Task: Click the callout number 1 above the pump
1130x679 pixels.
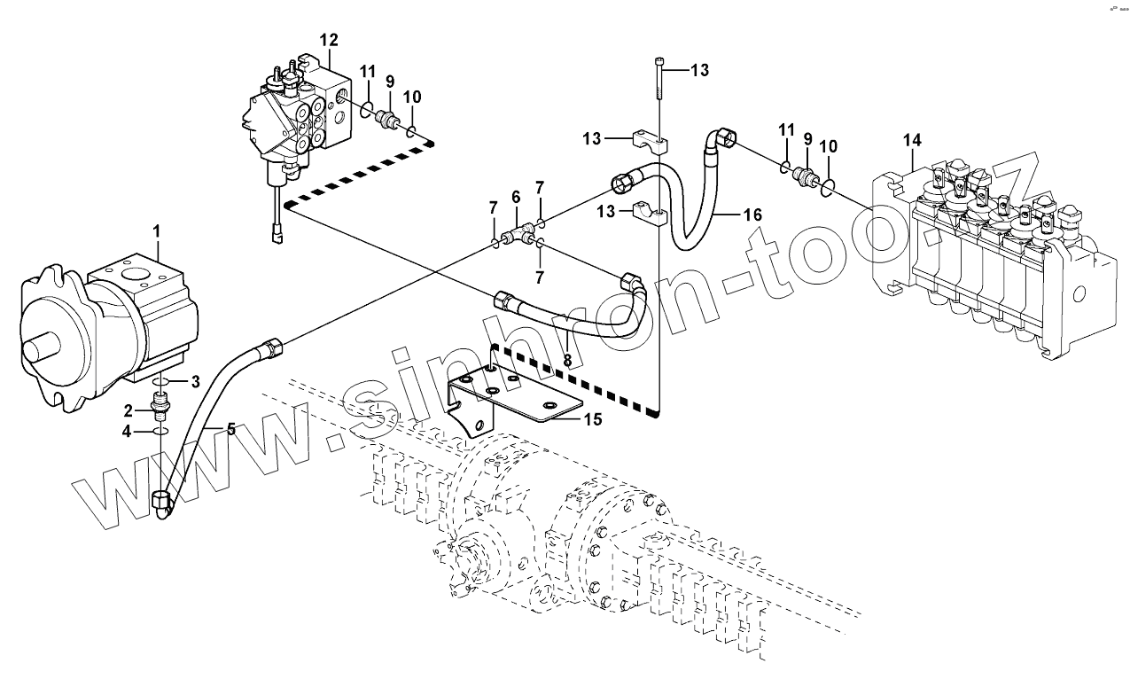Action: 157,232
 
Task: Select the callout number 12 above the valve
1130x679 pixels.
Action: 329,40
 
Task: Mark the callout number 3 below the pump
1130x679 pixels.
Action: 197,381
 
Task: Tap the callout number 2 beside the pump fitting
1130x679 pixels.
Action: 129,410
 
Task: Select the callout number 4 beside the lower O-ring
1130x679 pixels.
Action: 128,431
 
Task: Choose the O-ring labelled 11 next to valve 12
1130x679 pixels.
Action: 366,110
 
